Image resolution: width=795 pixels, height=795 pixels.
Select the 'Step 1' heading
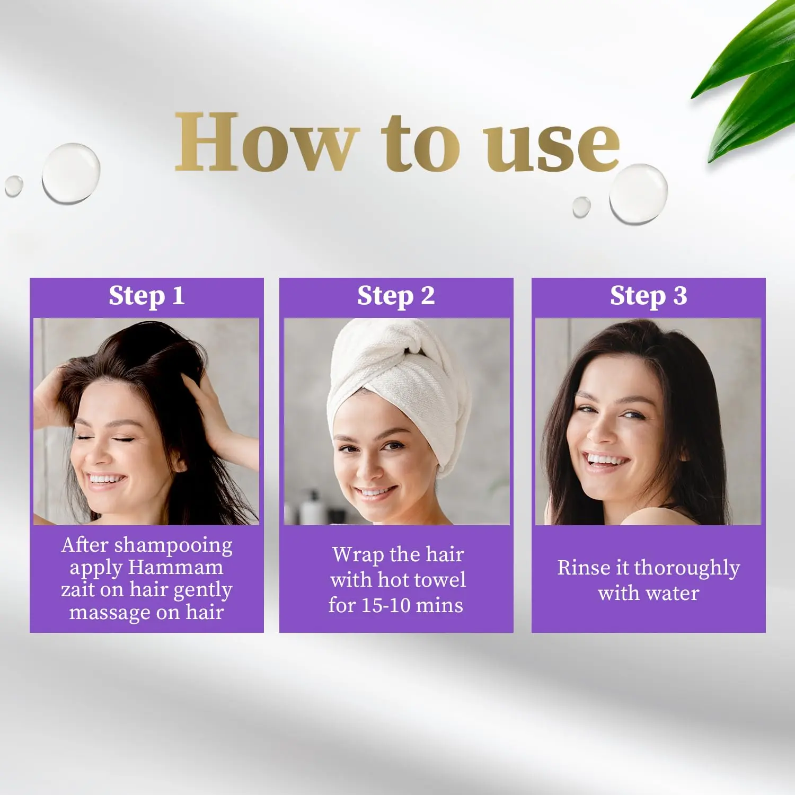coord(147,296)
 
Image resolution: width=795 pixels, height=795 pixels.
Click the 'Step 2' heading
coord(396,296)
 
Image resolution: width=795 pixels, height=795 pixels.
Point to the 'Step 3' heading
coord(648,296)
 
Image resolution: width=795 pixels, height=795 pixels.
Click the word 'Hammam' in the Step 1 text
coord(176,567)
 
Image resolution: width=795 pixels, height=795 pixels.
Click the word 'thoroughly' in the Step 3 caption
coord(687,569)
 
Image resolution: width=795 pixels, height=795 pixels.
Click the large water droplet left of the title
coord(71,173)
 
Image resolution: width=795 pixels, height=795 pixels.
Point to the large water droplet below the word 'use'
coord(638,193)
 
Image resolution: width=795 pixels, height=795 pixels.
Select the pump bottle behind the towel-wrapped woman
coord(312,508)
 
